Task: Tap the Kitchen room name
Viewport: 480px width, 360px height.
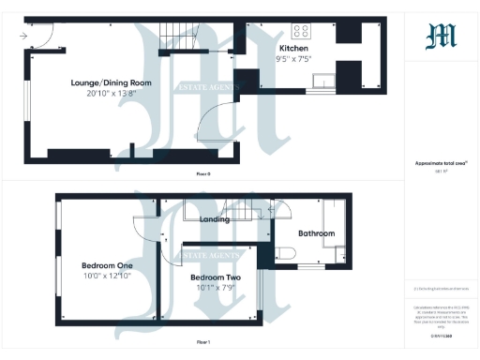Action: pos(294,49)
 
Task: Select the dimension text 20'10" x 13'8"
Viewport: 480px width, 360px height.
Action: pos(111,94)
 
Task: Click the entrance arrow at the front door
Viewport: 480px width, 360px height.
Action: pos(22,36)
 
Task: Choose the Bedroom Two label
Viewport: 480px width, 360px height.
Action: pos(216,278)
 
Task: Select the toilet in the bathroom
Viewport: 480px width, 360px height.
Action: pos(285,252)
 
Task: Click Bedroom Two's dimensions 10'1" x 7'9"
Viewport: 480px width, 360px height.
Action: pos(216,289)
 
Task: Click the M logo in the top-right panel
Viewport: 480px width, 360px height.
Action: pos(441,36)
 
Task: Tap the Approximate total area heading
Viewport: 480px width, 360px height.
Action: pos(441,164)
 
